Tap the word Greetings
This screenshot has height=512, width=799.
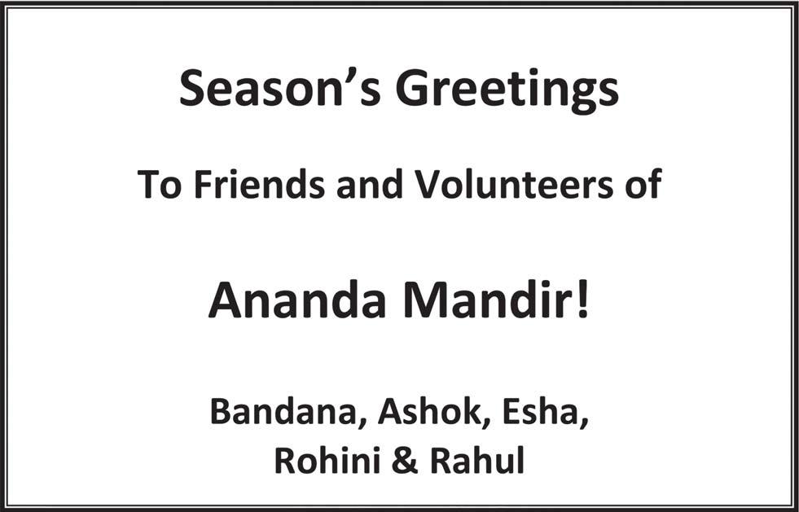pyautogui.click(x=507, y=92)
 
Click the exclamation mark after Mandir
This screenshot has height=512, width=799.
pyautogui.click(x=583, y=300)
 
